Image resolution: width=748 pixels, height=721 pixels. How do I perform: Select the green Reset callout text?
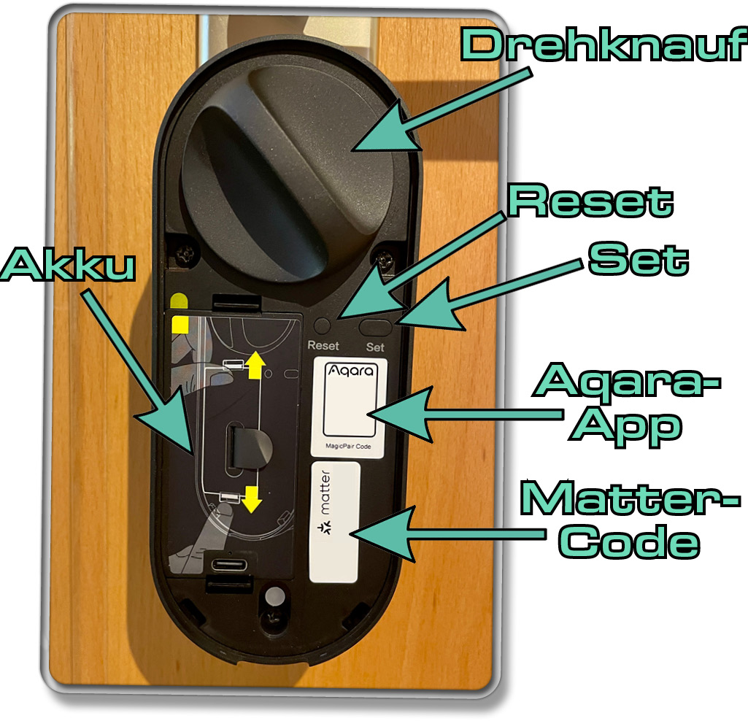pyautogui.click(x=590, y=201)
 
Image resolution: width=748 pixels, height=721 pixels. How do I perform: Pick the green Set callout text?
pyautogui.click(x=639, y=258)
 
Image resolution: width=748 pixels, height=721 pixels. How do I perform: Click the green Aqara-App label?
pyautogui.click(x=626, y=404)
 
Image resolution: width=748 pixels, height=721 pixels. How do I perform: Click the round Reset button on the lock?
pyautogui.click(x=323, y=326)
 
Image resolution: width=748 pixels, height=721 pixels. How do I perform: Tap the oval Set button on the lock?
pyautogui.click(x=375, y=327)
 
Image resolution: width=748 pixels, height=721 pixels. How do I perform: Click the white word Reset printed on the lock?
pyautogui.click(x=323, y=345)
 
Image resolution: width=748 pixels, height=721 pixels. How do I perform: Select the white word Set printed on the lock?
pyautogui.click(x=375, y=347)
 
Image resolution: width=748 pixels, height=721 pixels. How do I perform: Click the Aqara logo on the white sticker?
pyautogui.click(x=350, y=371)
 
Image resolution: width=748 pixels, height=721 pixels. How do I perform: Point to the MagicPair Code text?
pyautogui.click(x=348, y=447)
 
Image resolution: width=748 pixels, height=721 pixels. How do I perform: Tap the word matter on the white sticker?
pyautogui.click(x=325, y=492)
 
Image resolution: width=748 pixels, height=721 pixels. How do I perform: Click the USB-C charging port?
pyautogui.click(x=229, y=566)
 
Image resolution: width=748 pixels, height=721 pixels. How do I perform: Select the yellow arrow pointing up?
pyautogui.click(x=255, y=365)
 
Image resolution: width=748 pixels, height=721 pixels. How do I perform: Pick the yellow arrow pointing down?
pyautogui.click(x=251, y=499)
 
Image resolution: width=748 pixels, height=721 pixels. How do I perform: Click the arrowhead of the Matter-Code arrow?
pyautogui.click(x=353, y=533)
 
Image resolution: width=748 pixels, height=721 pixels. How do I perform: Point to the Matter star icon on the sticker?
pyautogui.click(x=325, y=528)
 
